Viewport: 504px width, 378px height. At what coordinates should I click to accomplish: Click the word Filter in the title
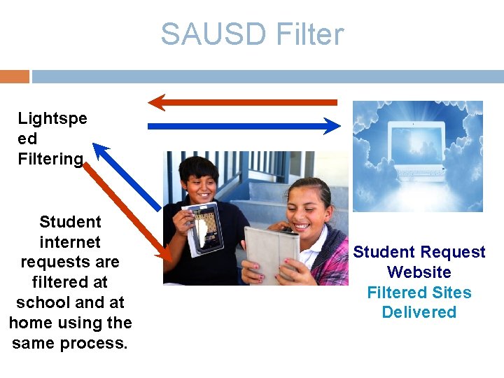(x=310, y=34)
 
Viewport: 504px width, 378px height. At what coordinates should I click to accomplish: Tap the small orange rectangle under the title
(x=14, y=76)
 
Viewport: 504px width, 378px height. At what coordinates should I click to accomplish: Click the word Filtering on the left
(x=50, y=159)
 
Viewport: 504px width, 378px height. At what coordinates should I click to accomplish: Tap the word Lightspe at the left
(x=52, y=118)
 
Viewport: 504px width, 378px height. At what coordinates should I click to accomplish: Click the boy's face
(x=199, y=180)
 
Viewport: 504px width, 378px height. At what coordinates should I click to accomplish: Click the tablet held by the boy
(x=207, y=227)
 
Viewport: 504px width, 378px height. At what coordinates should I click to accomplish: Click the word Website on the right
(x=419, y=272)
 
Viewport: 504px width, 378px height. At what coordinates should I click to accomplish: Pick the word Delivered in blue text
(x=419, y=312)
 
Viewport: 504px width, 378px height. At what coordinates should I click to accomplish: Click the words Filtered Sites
(x=419, y=293)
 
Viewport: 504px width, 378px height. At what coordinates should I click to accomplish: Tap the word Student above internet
(x=70, y=222)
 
